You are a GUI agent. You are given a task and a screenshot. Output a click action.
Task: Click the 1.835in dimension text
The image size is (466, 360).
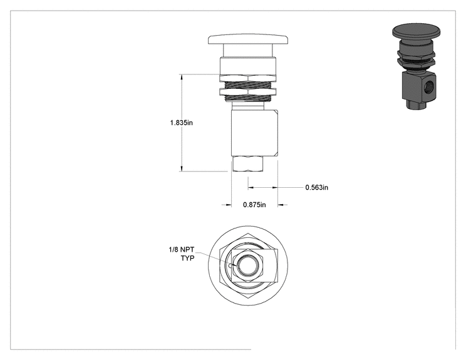click(x=181, y=122)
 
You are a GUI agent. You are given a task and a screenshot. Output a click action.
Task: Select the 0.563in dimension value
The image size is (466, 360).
click(x=317, y=187)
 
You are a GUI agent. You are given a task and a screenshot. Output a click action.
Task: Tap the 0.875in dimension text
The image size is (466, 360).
click(x=254, y=205)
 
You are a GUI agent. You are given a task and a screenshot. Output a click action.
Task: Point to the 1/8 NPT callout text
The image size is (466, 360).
click(x=181, y=250)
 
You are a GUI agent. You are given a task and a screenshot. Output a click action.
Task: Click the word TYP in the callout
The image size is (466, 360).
click(x=187, y=258)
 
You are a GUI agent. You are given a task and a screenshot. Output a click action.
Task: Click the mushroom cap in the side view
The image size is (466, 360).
click(x=248, y=39)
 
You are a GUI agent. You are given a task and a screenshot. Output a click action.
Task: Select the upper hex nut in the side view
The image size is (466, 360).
click(x=248, y=78)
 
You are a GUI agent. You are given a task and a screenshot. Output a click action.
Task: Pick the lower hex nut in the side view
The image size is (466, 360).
click(x=248, y=92)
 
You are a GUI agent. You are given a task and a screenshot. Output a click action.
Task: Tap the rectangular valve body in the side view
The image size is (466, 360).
click(x=255, y=133)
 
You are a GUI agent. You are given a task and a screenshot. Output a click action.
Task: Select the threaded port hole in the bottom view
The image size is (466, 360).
click(x=248, y=265)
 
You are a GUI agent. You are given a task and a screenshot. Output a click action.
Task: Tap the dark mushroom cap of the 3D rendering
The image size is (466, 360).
click(x=416, y=31)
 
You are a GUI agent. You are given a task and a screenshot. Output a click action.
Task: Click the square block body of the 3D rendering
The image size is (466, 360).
click(x=420, y=86)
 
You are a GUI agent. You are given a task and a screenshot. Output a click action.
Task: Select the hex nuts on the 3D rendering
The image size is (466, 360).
click(x=416, y=58)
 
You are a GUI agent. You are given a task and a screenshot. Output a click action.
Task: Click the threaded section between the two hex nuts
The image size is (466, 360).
click(x=248, y=85)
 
